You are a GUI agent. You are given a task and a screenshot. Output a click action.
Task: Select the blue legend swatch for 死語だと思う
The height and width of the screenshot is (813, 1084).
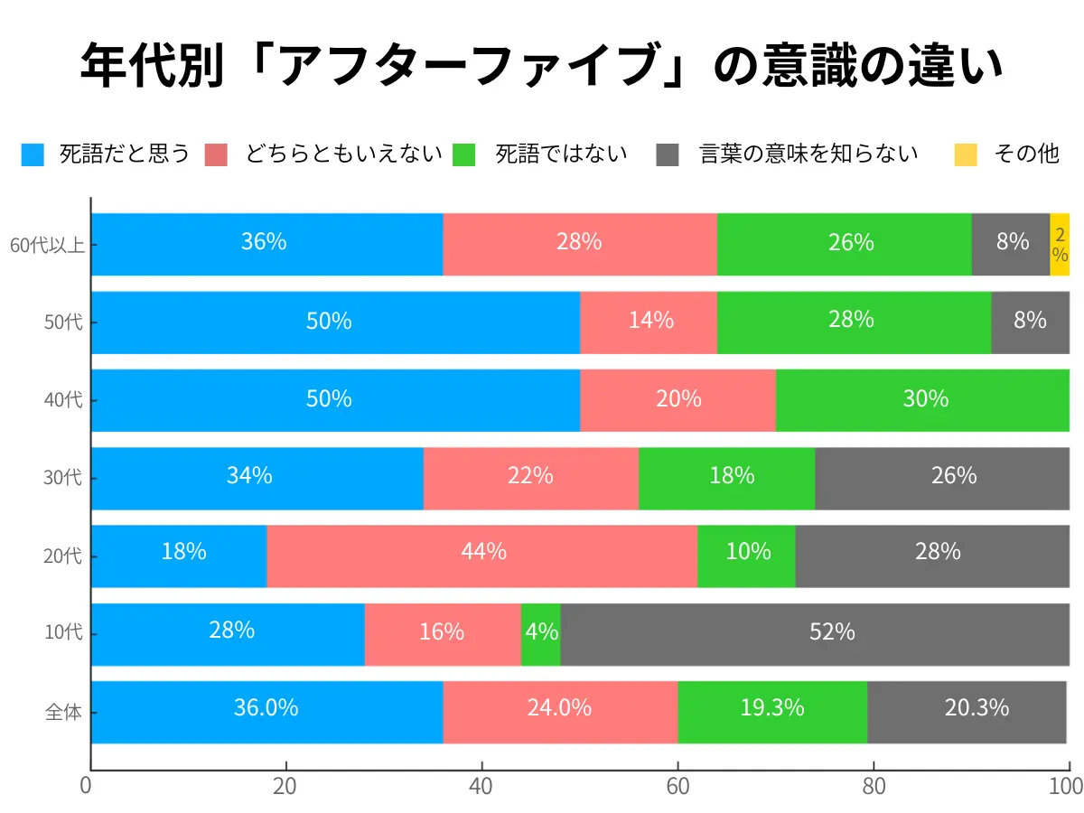[33, 154]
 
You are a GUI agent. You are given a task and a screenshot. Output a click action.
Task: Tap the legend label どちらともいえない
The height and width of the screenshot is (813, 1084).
[343, 154]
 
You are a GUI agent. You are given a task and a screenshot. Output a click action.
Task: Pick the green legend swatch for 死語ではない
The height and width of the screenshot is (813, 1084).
[463, 154]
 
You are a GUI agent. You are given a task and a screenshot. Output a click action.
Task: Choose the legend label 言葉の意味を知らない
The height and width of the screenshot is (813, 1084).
[808, 154]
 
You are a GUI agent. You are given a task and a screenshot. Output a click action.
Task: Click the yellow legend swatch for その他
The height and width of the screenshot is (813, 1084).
[966, 154]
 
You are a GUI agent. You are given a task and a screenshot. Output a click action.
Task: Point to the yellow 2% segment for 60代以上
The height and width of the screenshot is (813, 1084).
[1060, 245]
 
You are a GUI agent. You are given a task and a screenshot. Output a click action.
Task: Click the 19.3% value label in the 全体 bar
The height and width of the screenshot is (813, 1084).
[771, 708]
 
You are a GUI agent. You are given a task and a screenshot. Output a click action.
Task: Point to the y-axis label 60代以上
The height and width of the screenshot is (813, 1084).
[47, 245]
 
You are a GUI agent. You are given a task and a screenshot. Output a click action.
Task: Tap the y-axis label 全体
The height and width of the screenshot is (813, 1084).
[63, 713]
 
